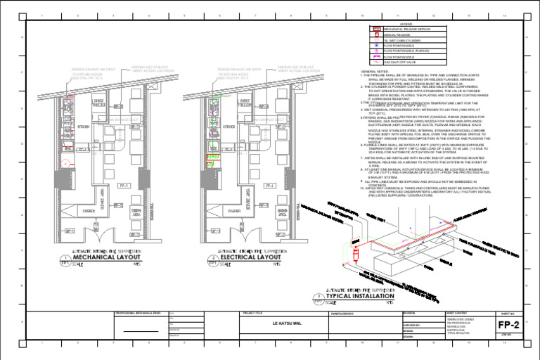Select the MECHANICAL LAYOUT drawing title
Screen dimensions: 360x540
pos(108,257)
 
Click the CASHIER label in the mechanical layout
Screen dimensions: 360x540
pos(90,210)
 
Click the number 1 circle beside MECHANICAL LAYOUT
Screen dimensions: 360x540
pos(65,259)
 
